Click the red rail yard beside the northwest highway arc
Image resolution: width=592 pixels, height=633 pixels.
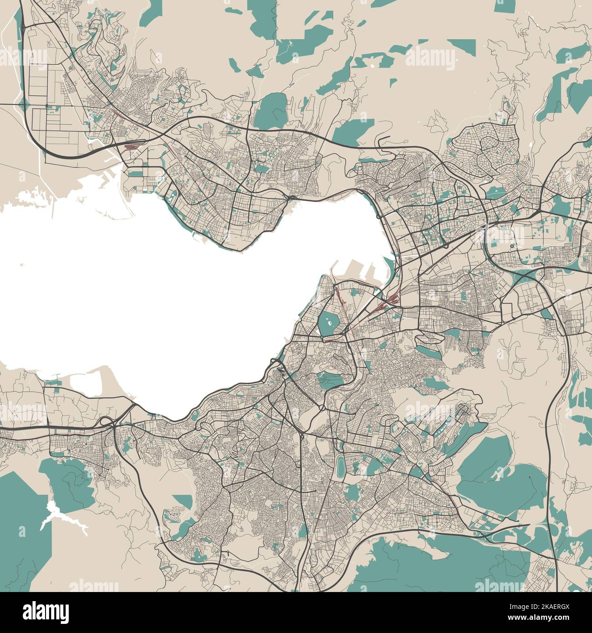pyautogui.click(x=131, y=147)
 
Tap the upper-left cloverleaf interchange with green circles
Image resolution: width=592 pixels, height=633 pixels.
pyautogui.click(x=23, y=105)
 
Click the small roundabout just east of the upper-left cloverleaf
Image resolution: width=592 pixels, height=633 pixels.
pyautogui.click(x=46, y=106)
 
